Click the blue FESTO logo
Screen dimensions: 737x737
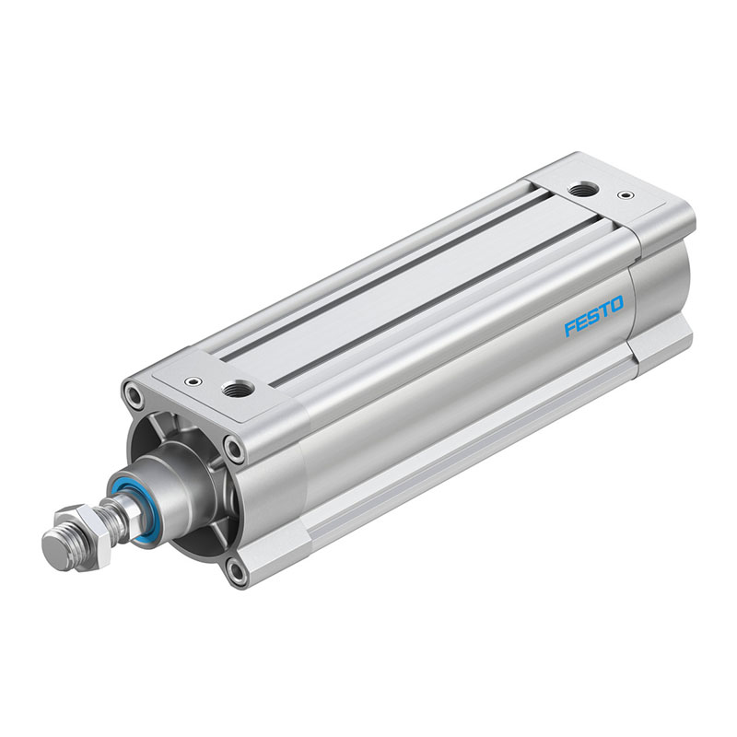[593, 316]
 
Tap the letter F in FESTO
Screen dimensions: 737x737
[570, 328]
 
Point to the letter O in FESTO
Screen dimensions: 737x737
[615, 305]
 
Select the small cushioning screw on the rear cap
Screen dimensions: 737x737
[625, 194]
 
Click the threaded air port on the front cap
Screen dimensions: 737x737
[238, 388]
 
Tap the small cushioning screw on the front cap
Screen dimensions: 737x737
[193, 380]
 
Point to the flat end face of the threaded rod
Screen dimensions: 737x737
[55, 551]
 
